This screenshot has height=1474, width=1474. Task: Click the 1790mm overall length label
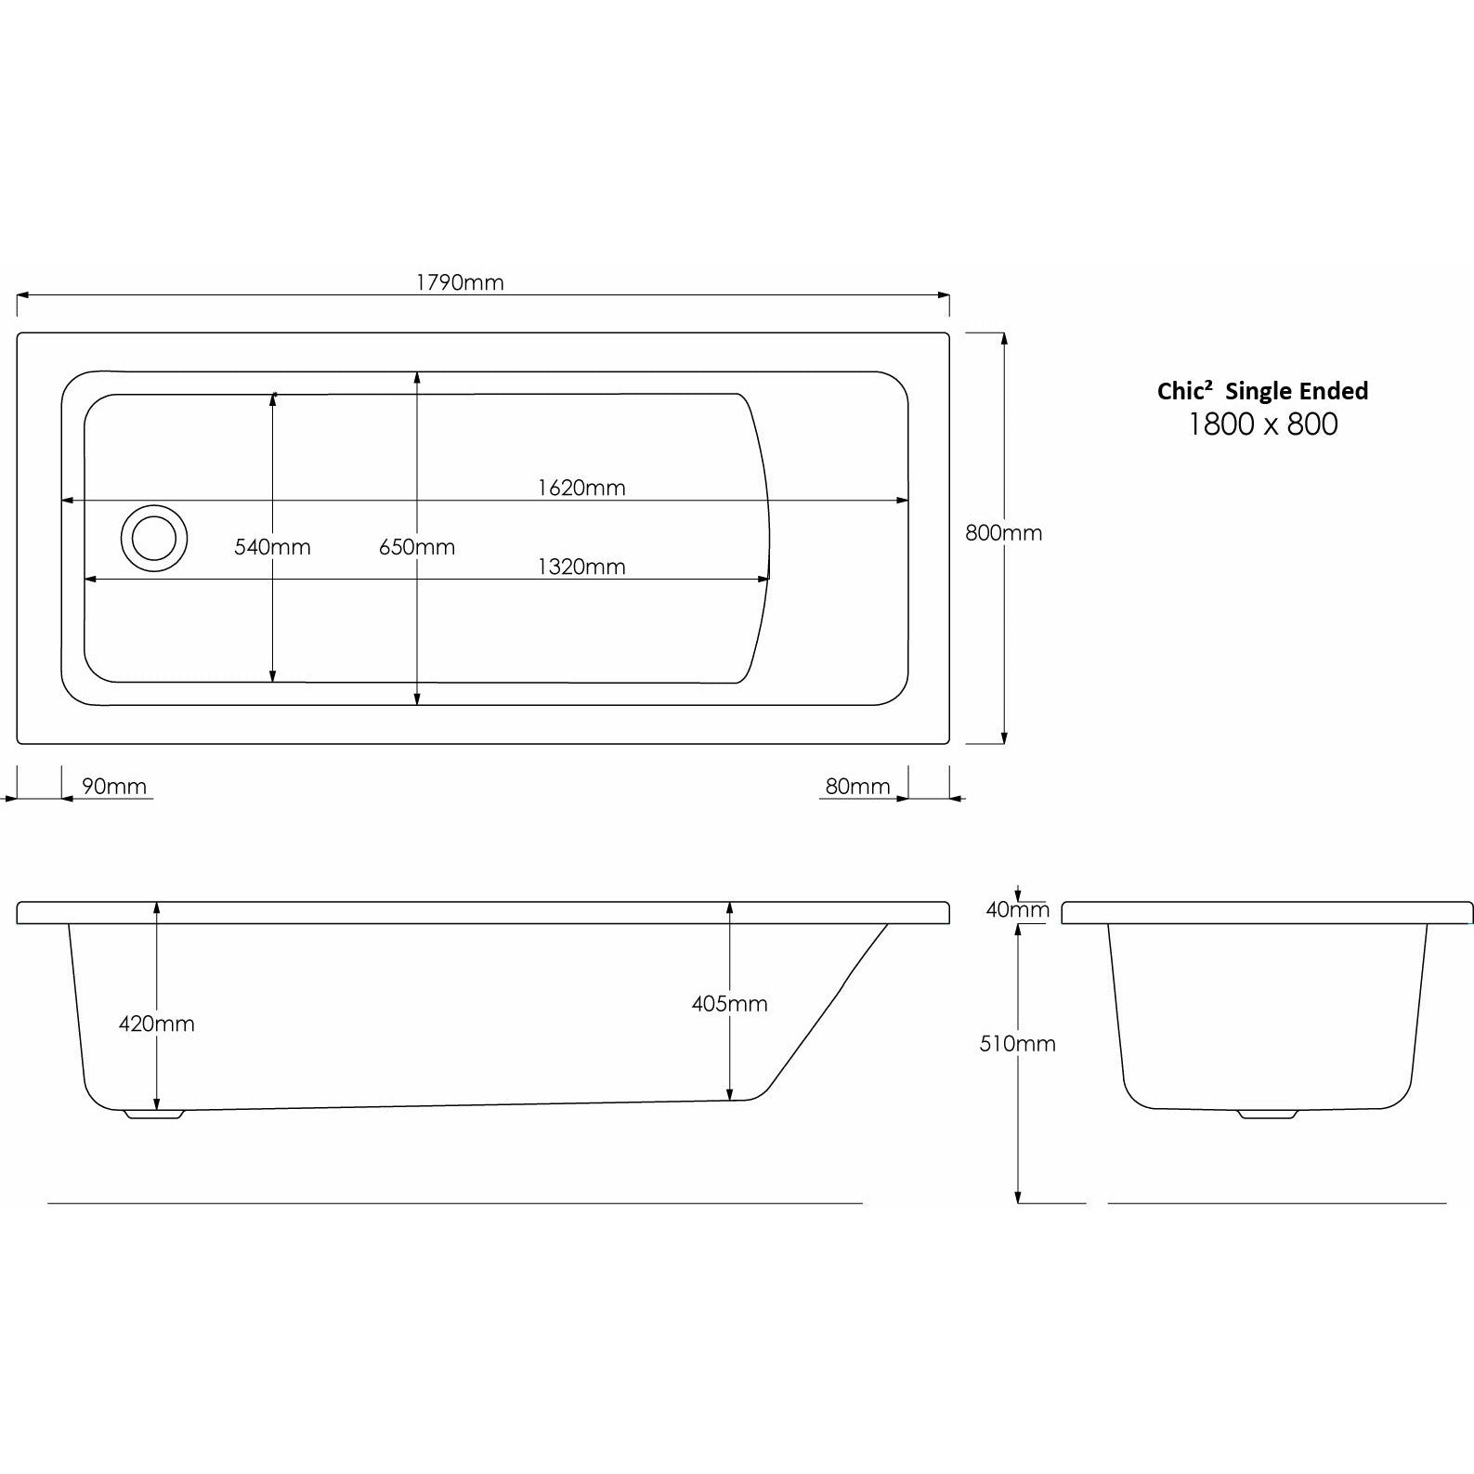point(460,282)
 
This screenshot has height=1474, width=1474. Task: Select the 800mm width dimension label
point(1004,533)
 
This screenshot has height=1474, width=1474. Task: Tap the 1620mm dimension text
point(581,488)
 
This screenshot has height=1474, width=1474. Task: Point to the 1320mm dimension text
point(581,567)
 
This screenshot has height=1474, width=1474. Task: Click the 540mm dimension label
point(272,547)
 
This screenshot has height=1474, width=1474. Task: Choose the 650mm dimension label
point(417,547)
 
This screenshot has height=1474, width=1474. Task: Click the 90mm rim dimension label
point(114,787)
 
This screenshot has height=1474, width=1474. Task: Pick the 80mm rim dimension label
point(857,787)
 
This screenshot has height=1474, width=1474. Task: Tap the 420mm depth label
point(157,1024)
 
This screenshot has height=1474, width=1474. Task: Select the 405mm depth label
point(729,1003)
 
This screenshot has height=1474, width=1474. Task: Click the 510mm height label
point(1018,1043)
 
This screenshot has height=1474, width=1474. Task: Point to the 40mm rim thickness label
point(1017,909)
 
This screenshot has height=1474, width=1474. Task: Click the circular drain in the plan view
point(154,539)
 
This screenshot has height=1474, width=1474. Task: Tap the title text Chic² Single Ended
point(1262,391)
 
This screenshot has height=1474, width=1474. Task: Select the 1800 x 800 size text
point(1263,424)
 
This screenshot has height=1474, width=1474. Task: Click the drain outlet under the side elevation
point(155,1114)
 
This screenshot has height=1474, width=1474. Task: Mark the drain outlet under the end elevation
point(1268,1114)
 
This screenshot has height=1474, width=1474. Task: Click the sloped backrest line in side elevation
point(827,1012)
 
